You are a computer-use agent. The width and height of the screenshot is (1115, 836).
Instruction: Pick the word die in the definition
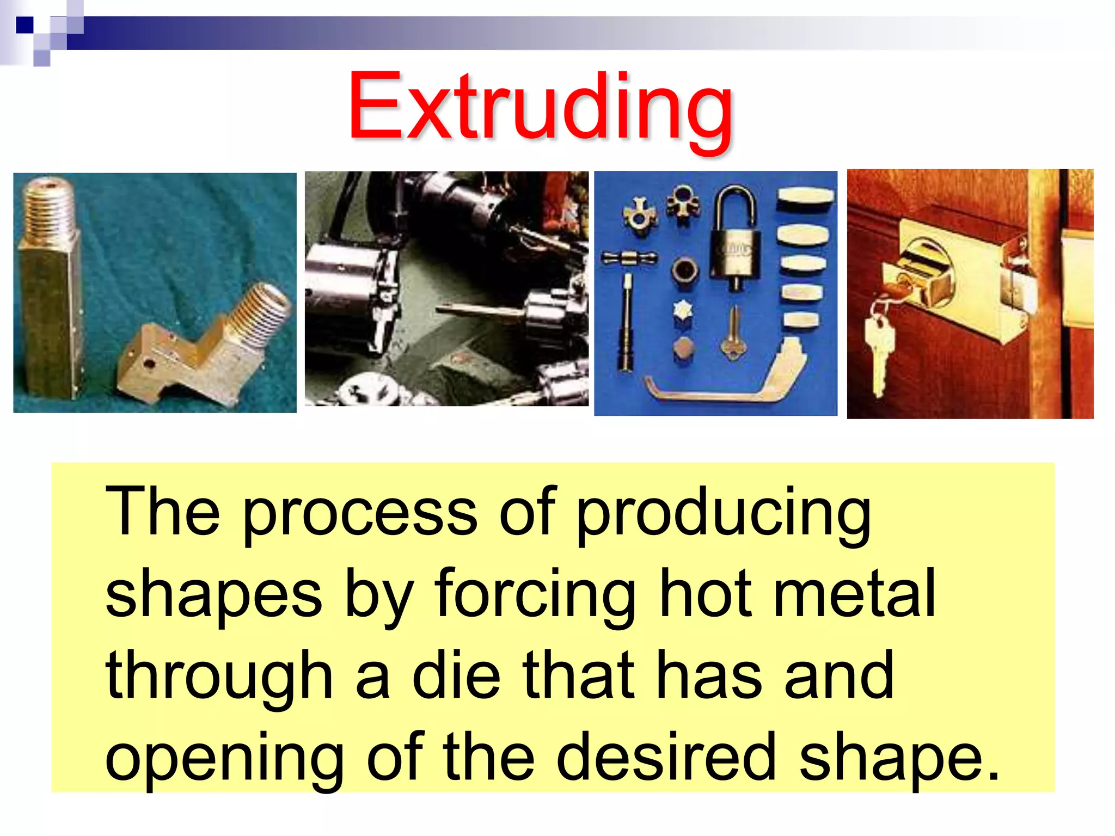[x=456, y=675]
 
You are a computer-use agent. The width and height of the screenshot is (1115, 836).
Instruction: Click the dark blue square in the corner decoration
[x=24, y=25]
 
